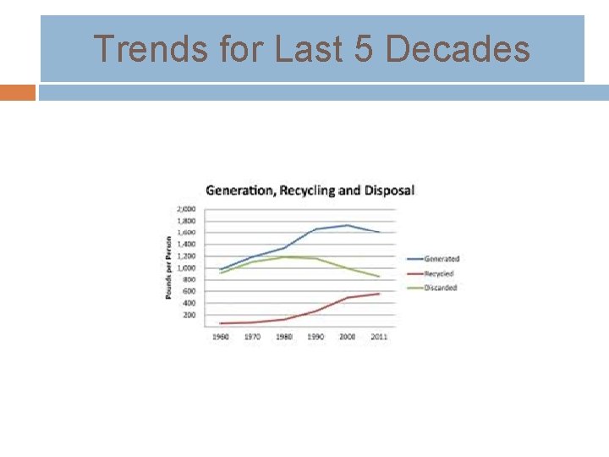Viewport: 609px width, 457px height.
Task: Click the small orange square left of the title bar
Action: click(x=18, y=92)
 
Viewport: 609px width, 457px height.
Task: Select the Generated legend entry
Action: click(x=441, y=258)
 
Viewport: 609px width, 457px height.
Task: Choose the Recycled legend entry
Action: click(x=438, y=273)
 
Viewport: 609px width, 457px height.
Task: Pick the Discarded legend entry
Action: click(x=440, y=288)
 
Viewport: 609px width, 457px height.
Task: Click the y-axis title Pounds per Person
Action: click(x=169, y=267)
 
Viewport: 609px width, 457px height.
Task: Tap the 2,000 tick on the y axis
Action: click(x=185, y=208)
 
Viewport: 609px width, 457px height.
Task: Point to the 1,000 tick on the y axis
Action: click(x=185, y=267)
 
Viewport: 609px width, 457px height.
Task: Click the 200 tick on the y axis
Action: click(x=188, y=315)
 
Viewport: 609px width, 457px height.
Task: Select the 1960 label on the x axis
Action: click(x=220, y=337)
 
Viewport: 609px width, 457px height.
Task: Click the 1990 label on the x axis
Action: click(x=315, y=337)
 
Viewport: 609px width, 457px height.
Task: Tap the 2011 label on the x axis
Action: click(x=378, y=337)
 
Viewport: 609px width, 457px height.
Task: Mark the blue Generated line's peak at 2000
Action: click(x=347, y=225)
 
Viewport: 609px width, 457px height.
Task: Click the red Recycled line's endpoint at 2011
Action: click(x=379, y=294)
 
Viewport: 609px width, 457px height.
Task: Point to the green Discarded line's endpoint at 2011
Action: click(x=379, y=277)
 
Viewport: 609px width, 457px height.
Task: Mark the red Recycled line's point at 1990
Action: click(x=315, y=311)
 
